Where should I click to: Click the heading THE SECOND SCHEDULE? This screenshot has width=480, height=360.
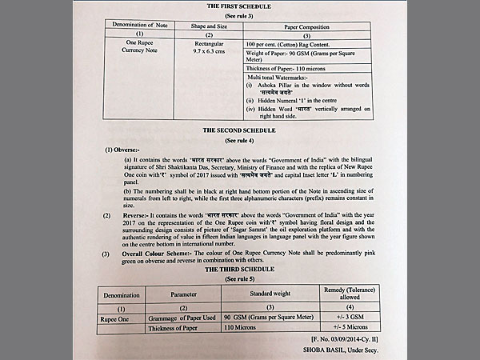click(x=238, y=130)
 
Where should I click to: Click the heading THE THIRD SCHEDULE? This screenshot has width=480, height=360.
click(x=239, y=270)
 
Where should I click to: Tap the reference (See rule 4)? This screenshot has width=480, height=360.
click(x=238, y=140)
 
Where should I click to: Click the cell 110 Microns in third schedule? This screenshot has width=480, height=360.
click(x=241, y=326)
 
